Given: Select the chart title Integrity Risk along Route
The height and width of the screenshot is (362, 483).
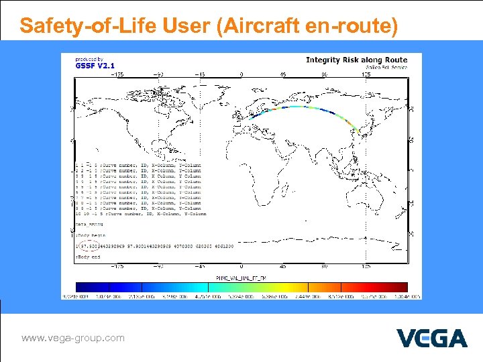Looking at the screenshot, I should (356, 60).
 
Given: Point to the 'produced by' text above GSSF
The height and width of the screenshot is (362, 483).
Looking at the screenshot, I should (89, 58).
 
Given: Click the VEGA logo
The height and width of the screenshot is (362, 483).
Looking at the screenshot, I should (431, 338).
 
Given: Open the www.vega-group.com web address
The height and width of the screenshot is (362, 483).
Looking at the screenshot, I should (73, 338).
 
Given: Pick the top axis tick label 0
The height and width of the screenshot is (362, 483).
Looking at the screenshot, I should (241, 74).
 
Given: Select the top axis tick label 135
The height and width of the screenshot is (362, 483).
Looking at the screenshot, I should (366, 74).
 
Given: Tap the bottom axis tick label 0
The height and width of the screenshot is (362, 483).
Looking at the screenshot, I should (241, 265).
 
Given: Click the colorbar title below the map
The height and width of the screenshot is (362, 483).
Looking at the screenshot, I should (241, 276).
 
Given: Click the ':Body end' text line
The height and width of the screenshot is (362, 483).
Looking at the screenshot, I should (89, 257).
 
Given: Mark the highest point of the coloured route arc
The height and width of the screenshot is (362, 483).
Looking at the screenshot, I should (295, 106).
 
